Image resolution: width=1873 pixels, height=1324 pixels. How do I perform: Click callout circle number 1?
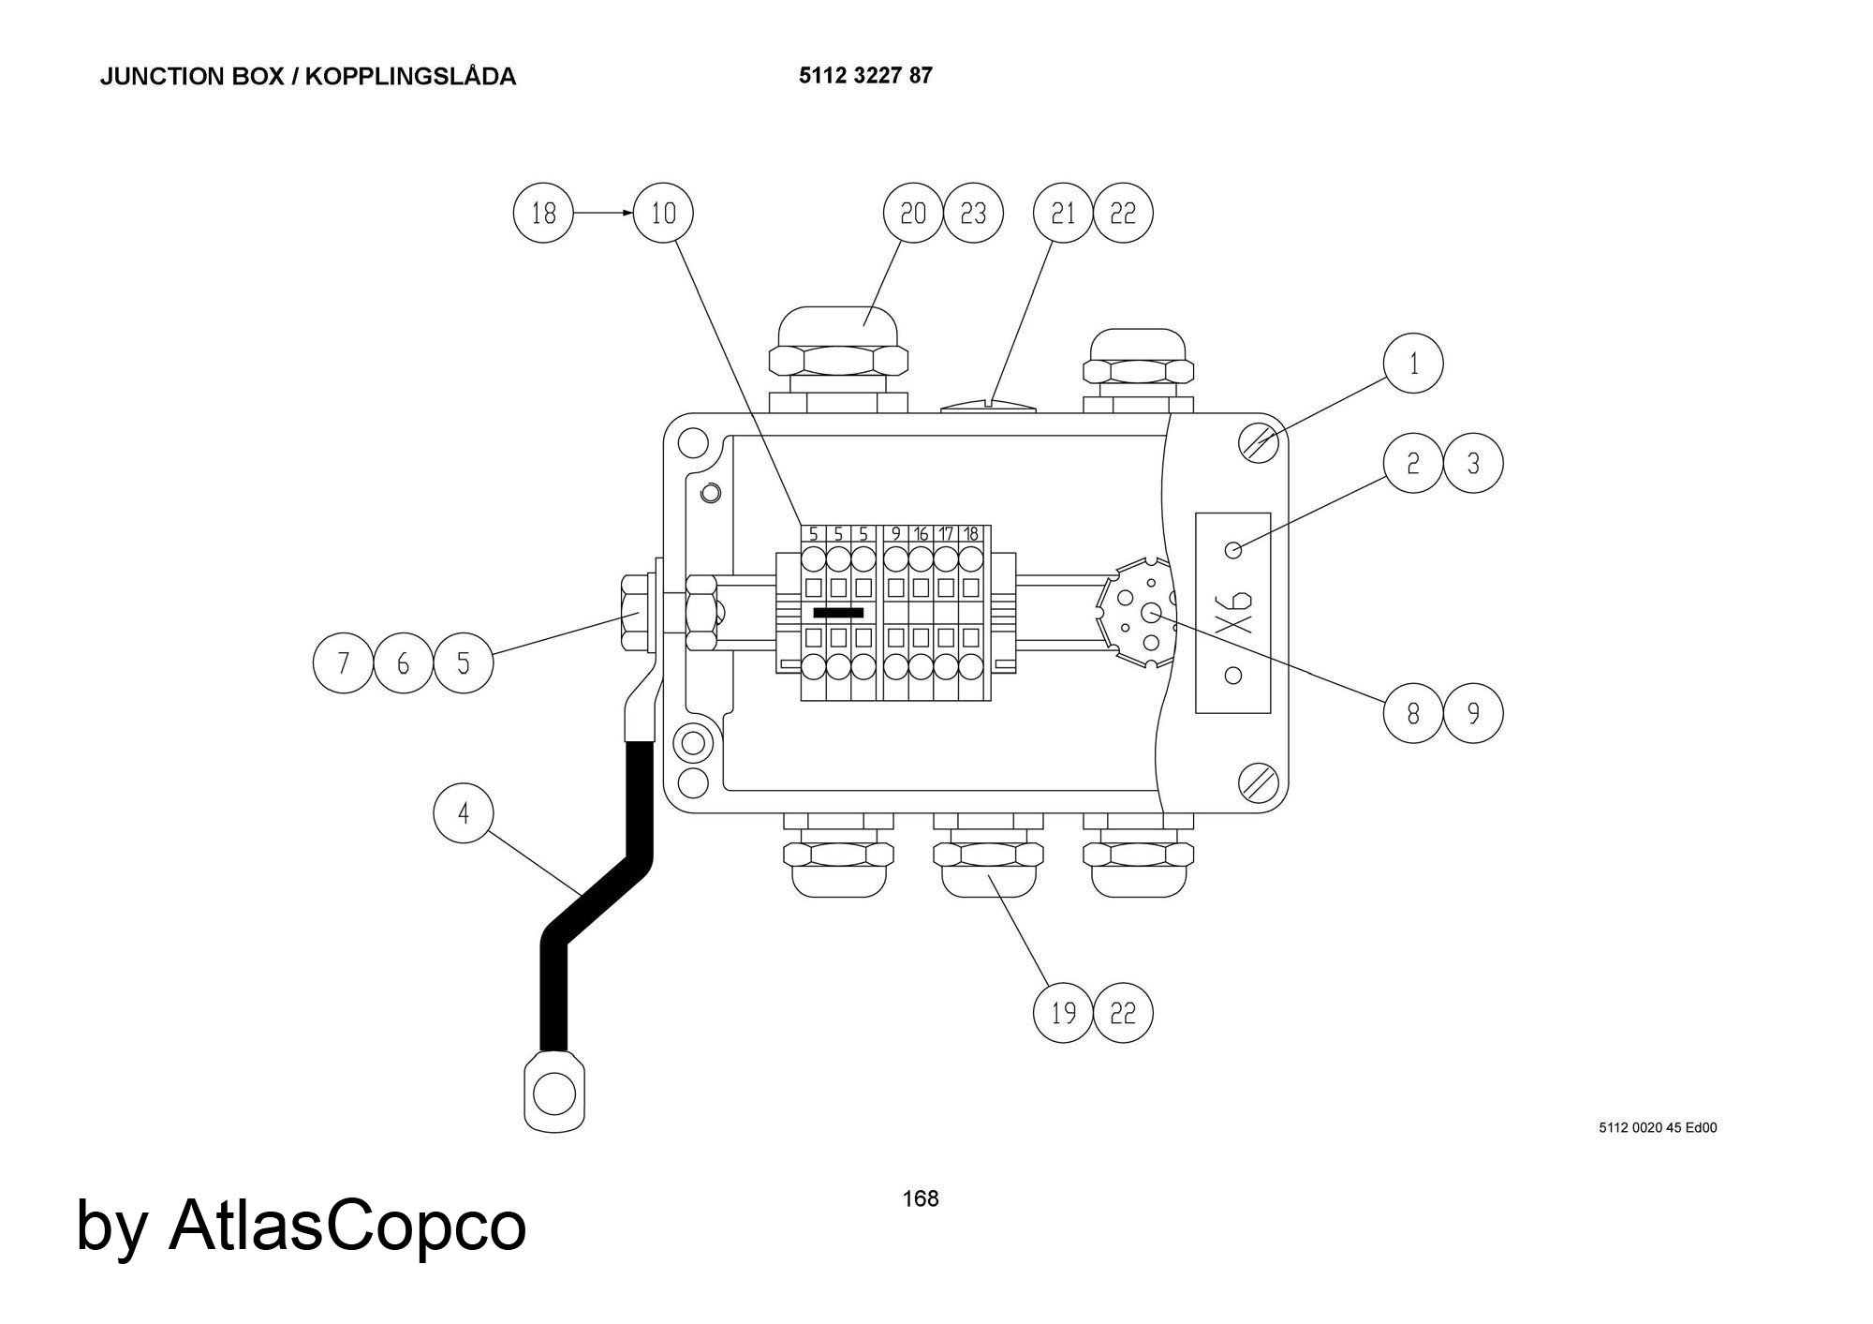point(1413,364)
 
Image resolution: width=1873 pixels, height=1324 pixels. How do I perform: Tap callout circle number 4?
point(463,813)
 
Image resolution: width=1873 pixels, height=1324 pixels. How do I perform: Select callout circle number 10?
point(663,214)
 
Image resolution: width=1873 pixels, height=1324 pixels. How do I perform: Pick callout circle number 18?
point(543,214)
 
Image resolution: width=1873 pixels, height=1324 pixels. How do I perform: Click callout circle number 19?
point(1063,1013)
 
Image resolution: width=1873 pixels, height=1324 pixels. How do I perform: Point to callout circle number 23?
point(973,214)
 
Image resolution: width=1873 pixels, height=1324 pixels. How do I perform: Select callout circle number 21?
point(1063,214)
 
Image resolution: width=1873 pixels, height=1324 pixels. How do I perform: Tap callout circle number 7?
point(343,663)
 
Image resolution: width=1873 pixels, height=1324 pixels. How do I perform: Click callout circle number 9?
point(1473,714)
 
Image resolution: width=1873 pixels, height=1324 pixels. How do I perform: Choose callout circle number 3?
point(1473,463)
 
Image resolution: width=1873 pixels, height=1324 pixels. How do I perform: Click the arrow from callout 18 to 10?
point(603,214)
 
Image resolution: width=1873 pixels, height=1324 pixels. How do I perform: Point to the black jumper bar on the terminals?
point(838,613)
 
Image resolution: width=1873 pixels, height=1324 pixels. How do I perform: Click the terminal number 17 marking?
point(946,534)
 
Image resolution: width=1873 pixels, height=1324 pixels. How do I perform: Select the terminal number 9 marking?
point(896,534)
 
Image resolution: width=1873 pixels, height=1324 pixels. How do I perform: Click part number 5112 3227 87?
point(865,76)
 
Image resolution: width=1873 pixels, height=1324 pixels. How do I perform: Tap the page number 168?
point(920,1198)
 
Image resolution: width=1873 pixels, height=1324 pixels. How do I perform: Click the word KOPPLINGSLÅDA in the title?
point(410,77)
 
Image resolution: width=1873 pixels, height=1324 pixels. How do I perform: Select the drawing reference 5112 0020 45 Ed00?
point(1658,1128)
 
